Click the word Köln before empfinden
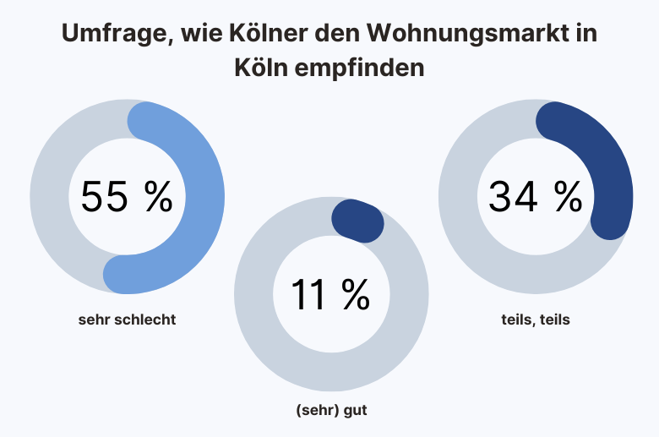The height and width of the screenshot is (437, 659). point(259,68)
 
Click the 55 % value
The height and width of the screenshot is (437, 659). point(127,197)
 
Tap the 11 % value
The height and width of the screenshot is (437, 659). point(330,294)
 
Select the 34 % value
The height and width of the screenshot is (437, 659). point(535,197)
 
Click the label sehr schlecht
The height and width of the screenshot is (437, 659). point(127,320)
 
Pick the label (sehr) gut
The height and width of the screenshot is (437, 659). point(331,412)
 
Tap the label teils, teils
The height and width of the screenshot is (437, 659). point(535,320)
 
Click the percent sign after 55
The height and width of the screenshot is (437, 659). point(157,197)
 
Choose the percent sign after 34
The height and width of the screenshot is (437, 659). point(568,197)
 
